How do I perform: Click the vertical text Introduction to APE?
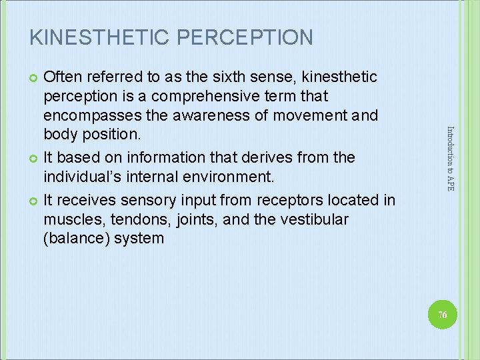(451, 159)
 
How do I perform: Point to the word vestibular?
(313, 219)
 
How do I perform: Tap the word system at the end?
(139, 238)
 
